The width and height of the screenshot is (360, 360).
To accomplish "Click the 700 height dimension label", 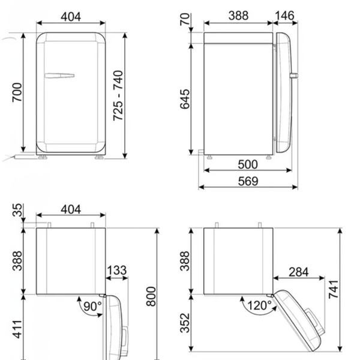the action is point(17,92).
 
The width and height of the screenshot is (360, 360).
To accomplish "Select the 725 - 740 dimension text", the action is point(118,95).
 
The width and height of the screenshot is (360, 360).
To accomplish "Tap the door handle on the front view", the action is point(59,76).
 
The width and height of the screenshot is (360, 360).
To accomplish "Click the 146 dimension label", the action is point(284,16).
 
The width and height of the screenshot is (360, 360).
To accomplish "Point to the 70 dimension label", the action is point(185,19).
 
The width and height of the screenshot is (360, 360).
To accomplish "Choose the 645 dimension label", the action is point(185,99).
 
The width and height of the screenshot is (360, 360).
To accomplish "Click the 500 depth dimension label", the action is point(248,164).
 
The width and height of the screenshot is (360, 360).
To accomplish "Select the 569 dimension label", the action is point(248,181).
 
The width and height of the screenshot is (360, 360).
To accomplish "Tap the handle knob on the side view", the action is point(293,76).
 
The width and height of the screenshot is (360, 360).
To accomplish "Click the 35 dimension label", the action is point(17,210).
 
